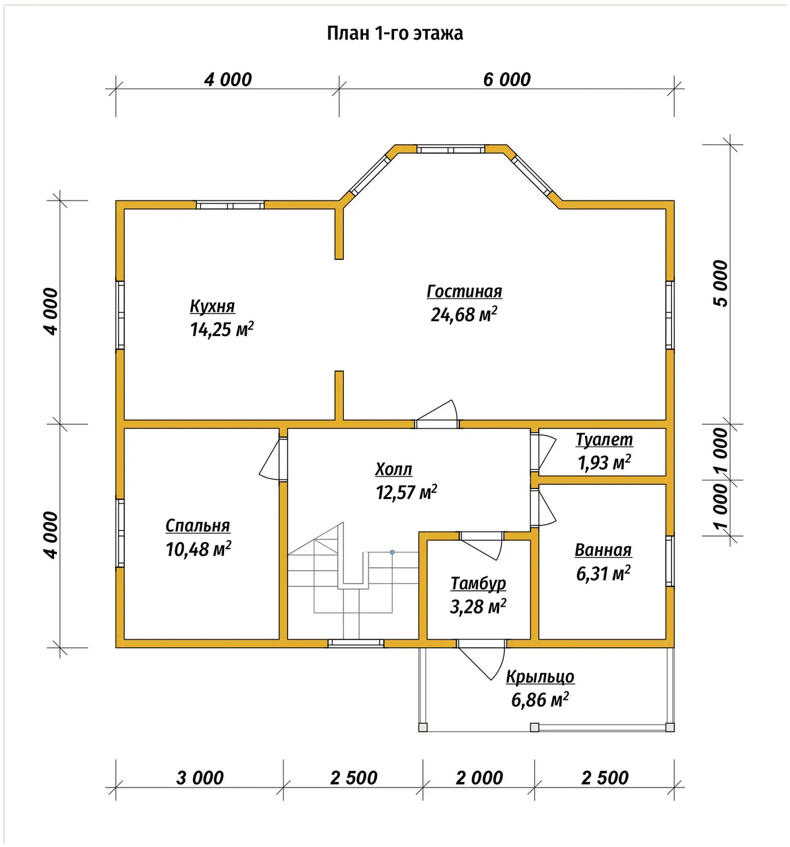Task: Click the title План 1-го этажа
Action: click(x=395, y=33)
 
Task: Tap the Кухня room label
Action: click(x=212, y=306)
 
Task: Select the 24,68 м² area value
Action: click(x=463, y=314)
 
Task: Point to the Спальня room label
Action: click(x=198, y=526)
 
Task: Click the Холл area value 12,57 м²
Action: click(x=407, y=492)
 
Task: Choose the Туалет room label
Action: click(x=604, y=439)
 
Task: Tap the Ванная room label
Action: click(x=603, y=550)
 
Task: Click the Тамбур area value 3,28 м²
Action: click(x=478, y=606)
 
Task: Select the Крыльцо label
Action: click(x=540, y=676)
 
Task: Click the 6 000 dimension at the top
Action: click(x=507, y=79)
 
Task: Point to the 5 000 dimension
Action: click(x=721, y=283)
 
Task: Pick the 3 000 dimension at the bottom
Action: click(x=200, y=778)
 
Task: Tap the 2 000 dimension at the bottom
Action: click(x=479, y=778)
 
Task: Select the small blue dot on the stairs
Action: click(x=392, y=553)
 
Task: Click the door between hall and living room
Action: click(x=437, y=414)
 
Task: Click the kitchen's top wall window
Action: click(x=230, y=205)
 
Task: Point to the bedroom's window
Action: click(x=120, y=533)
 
